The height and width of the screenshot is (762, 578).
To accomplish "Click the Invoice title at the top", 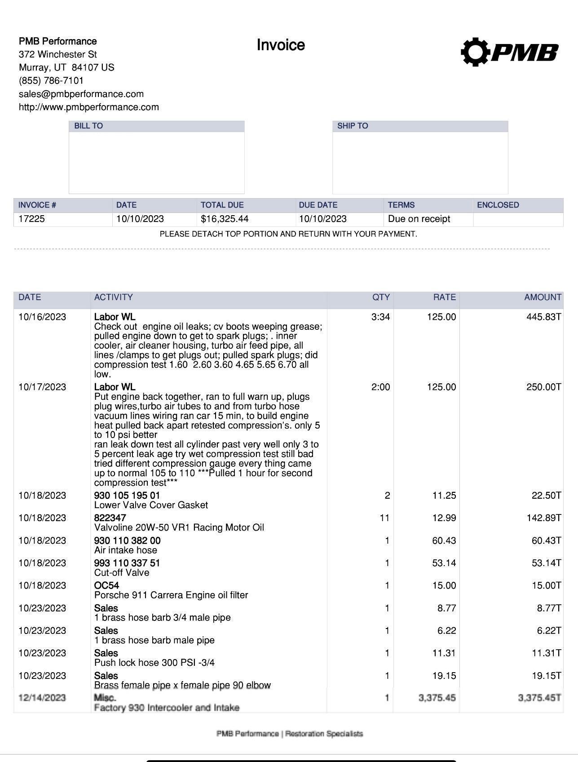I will pyautogui.click(x=281, y=45).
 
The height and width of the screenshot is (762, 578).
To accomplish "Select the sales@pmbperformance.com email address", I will pyautogui.click(x=81, y=94).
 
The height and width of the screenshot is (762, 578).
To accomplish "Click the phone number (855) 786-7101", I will pyautogui.click(x=51, y=80).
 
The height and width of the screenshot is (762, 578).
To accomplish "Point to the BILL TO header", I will pyautogui.click(x=88, y=126).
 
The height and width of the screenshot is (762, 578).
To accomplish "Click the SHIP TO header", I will pyautogui.click(x=353, y=126).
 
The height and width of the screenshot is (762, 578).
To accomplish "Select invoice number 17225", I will pyautogui.click(x=31, y=219).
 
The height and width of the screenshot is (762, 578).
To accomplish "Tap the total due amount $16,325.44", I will pyautogui.click(x=225, y=219).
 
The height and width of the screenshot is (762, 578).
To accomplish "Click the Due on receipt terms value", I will pyautogui.click(x=419, y=219).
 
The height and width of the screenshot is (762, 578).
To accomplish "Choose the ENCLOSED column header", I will pyautogui.click(x=498, y=205).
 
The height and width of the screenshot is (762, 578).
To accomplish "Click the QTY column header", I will pyautogui.click(x=381, y=297).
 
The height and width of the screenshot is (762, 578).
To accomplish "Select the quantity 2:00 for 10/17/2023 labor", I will pyautogui.click(x=380, y=387).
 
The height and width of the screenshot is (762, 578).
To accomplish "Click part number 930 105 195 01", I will pyautogui.click(x=127, y=495).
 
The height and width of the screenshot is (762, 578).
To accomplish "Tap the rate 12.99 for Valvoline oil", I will pyautogui.click(x=444, y=518).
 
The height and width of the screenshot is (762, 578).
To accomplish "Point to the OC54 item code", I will pyautogui.click(x=106, y=585).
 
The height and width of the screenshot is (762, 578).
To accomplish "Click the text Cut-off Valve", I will pyautogui.click(x=122, y=572).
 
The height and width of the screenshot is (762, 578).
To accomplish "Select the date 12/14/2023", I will pyautogui.click(x=42, y=698).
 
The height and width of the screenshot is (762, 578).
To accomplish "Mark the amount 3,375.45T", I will pyautogui.click(x=539, y=698).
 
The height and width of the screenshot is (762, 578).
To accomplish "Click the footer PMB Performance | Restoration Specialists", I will pyautogui.click(x=290, y=734).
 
